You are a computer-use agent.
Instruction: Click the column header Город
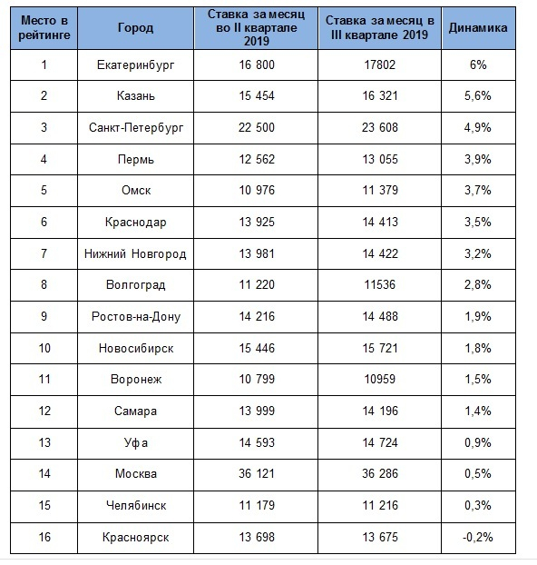pos(136,28)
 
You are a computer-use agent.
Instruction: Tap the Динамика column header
pos(478,28)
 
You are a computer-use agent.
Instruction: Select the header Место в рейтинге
pos(44,28)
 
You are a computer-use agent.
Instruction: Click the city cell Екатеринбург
pos(136,64)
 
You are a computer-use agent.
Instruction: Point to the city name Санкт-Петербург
pos(136,127)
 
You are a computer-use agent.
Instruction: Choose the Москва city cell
pos(136,473)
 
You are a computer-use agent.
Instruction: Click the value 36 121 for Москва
pos(257,473)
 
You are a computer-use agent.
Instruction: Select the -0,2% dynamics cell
pos(478,537)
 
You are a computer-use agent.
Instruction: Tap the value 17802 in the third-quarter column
pos(380,64)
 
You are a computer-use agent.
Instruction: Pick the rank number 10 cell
pos(44,348)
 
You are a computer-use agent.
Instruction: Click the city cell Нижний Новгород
pos(135,253)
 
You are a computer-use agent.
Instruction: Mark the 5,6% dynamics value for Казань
pos(478,96)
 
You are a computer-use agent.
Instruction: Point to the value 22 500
pos(257,127)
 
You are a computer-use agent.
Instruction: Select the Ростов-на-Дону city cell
pos(136,316)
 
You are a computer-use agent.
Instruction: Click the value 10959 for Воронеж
pos(380,379)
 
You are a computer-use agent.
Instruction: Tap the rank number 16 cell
pos(44,537)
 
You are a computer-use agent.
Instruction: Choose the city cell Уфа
pos(136,442)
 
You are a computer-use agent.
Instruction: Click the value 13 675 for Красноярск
pos(380,537)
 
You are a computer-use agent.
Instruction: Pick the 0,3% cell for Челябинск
pos(478,505)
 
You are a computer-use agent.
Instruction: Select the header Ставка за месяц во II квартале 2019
pos(257,28)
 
